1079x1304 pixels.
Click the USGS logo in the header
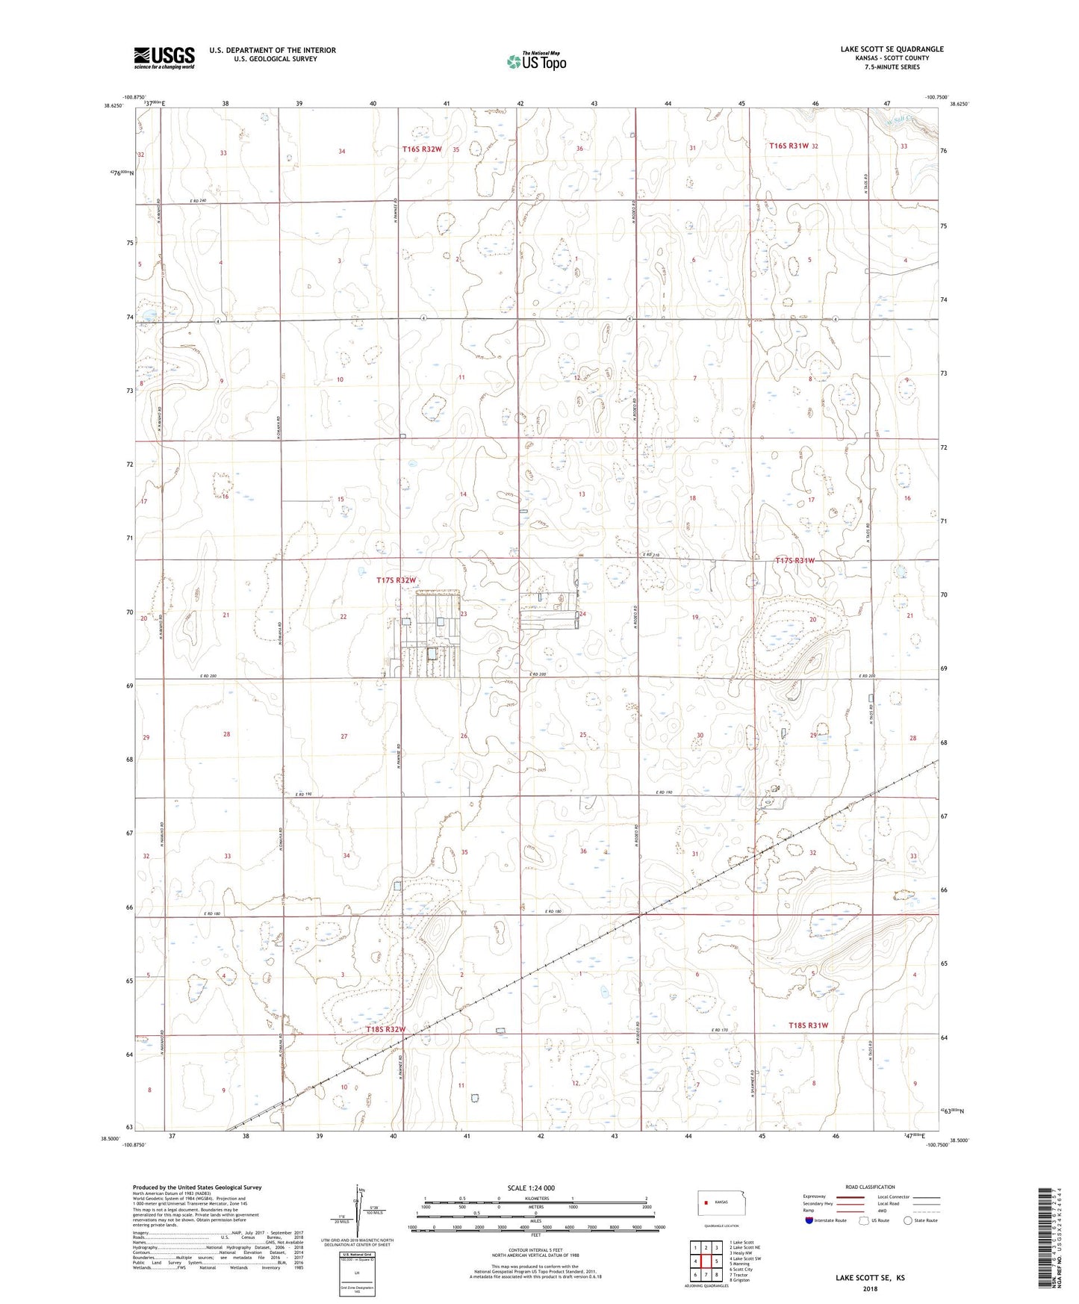tap(164, 57)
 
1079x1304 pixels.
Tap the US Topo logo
tap(535, 61)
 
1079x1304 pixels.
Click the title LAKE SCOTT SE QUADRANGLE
tap(892, 49)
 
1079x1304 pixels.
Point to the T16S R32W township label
tap(422, 149)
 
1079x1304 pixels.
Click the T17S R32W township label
tap(396, 580)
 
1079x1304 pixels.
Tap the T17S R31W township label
tap(795, 561)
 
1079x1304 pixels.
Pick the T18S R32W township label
tap(386, 1030)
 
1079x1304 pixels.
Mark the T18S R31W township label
tap(809, 1025)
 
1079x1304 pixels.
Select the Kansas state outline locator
tap(715, 1202)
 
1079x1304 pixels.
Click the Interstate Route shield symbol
tap(809, 1220)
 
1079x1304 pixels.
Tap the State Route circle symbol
tap(908, 1220)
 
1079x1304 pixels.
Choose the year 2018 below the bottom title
tap(870, 1289)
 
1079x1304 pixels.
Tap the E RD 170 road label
tap(719, 1031)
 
